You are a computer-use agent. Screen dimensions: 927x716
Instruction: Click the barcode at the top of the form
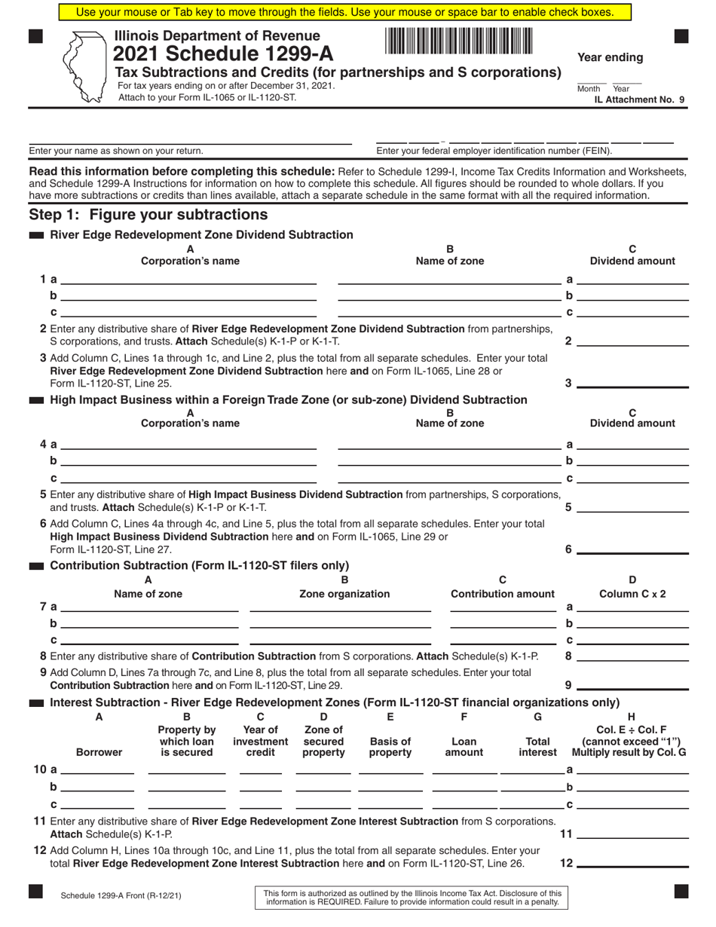459,40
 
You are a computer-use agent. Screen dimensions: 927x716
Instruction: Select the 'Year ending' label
610,58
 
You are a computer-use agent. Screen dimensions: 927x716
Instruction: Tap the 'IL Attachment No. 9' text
639,99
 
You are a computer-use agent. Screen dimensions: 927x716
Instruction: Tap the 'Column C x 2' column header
632,594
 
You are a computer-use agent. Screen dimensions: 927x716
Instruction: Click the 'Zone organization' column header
344,594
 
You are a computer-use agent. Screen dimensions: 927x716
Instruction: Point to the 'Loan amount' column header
464,747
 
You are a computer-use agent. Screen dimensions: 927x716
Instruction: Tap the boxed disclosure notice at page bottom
412,897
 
